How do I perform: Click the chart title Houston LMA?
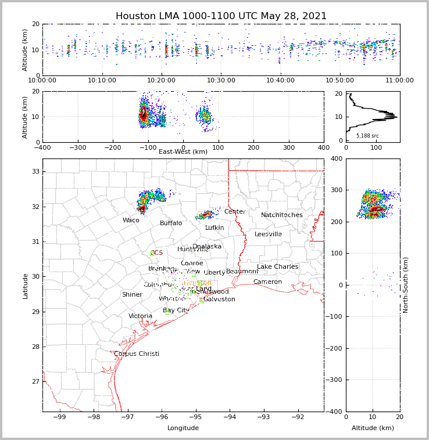click(221, 16)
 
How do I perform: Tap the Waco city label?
click(131, 221)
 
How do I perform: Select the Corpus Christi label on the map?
click(137, 354)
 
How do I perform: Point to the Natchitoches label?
click(282, 215)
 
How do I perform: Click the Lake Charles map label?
click(278, 267)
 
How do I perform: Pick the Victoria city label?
click(141, 316)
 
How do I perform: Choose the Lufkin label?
click(214, 228)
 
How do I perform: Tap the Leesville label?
click(268, 235)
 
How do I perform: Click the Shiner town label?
click(132, 295)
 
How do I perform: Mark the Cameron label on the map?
click(267, 282)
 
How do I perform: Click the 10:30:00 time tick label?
click(221, 81)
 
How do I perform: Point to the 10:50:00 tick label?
click(340, 81)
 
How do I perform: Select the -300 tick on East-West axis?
click(78, 147)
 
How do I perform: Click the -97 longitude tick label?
click(127, 417)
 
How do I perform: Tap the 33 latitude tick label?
click(35, 171)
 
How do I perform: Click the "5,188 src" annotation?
click(367, 136)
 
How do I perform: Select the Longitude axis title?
click(183, 428)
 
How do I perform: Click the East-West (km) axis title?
click(183, 152)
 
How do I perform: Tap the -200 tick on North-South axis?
click(336, 348)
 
